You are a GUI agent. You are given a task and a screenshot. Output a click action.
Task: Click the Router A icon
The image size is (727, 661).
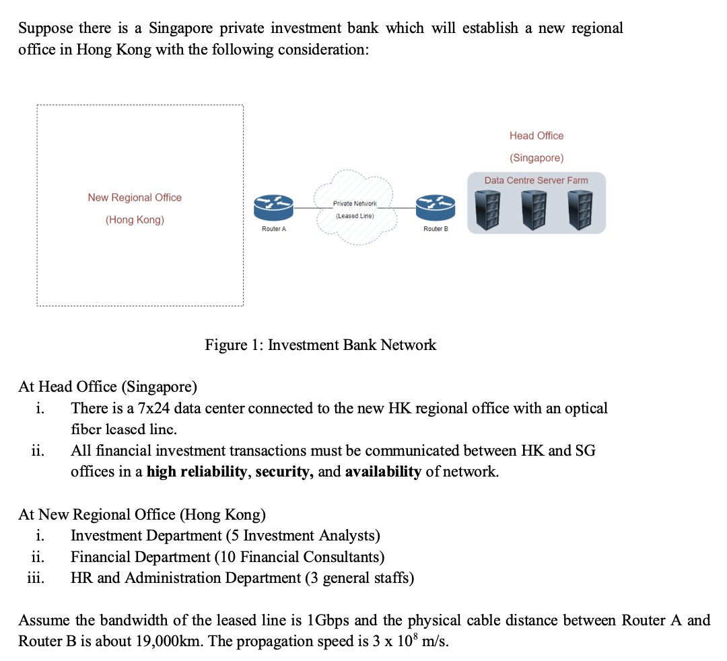click(274, 207)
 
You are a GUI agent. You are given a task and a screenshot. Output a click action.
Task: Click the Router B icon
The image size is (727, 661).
click(436, 207)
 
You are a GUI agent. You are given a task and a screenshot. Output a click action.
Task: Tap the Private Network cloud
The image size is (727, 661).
click(355, 209)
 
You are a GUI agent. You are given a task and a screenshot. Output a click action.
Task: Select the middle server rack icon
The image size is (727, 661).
click(536, 209)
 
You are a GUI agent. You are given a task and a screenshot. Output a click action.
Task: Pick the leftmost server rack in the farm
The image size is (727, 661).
click(491, 209)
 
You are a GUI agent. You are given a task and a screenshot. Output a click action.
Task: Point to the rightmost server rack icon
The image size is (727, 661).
click(580, 209)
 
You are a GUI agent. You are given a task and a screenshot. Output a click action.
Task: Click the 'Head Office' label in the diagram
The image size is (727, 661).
click(536, 136)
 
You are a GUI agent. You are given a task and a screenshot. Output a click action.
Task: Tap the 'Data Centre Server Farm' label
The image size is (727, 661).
click(536, 180)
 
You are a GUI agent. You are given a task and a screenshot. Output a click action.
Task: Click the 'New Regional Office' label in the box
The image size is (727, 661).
click(135, 197)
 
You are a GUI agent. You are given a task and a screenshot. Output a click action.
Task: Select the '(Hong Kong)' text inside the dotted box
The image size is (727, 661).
click(135, 220)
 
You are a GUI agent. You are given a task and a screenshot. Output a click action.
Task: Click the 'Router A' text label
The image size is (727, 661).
click(274, 230)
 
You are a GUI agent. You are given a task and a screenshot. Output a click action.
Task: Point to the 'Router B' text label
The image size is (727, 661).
click(436, 230)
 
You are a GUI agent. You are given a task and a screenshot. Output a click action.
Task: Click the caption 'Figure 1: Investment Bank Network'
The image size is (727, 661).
click(320, 345)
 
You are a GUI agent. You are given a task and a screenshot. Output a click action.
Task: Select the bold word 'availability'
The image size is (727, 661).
click(383, 472)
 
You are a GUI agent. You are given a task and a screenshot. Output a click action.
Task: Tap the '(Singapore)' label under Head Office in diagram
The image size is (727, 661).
click(536, 158)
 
